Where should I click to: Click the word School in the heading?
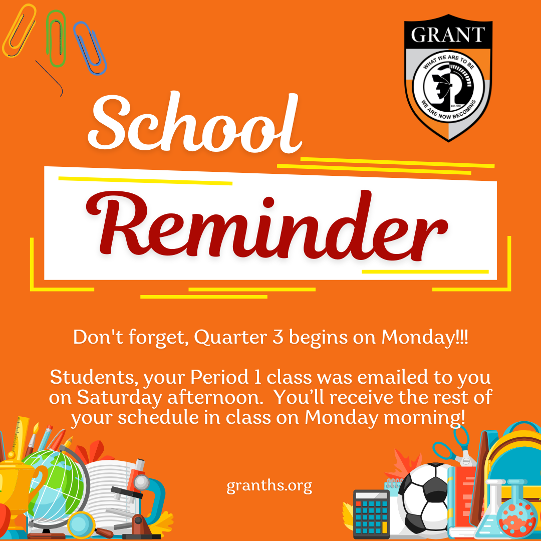click(x=195, y=123)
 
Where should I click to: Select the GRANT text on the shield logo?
click(x=448, y=35)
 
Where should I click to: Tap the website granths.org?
click(x=269, y=486)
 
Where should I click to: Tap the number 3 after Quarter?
click(x=278, y=337)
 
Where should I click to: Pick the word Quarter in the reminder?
click(x=230, y=338)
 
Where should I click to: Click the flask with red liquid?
click(x=517, y=510)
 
